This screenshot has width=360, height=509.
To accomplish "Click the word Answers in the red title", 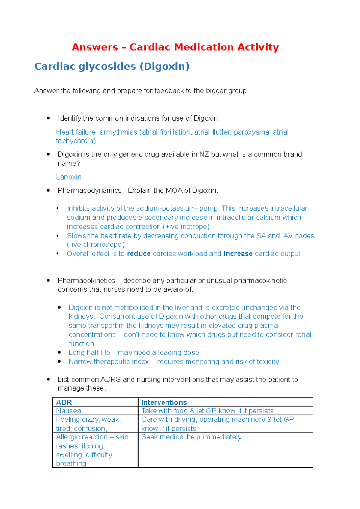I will [95, 47].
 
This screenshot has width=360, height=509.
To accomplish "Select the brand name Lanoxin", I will [69, 177].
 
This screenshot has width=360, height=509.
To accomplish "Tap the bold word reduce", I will [139, 254].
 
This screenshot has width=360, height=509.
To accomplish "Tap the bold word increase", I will [238, 254].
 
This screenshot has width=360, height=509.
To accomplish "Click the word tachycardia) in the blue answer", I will [76, 141].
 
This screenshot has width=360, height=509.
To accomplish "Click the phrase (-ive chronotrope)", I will [96, 245].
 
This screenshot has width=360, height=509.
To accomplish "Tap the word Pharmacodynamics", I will [89, 191].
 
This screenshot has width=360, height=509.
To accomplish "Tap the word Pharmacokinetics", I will [86, 281].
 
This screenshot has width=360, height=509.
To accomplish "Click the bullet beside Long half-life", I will [59, 353].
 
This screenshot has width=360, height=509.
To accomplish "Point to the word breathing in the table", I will [71, 464].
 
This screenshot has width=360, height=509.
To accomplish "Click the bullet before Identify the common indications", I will [48, 118].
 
